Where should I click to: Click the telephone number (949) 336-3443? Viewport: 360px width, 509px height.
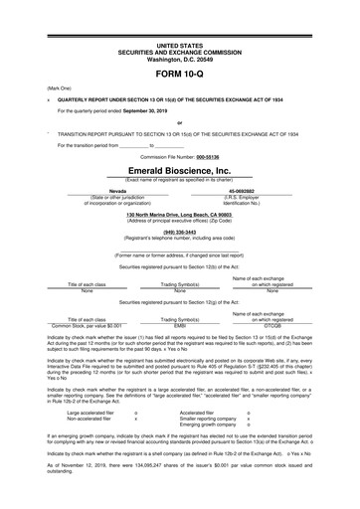[x=179, y=234]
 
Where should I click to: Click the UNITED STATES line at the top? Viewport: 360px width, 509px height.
[x=179, y=46]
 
